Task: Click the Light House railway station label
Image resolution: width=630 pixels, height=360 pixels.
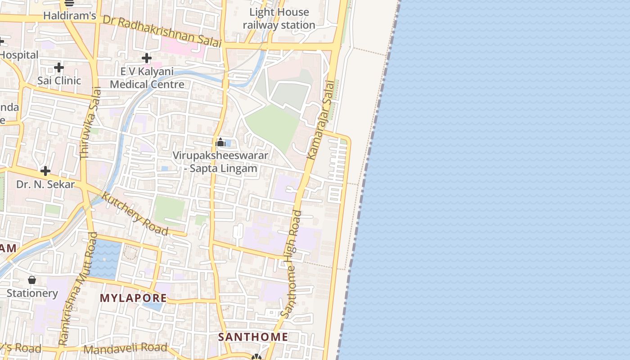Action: click(x=279, y=18)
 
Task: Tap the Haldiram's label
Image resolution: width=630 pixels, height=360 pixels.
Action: click(x=70, y=16)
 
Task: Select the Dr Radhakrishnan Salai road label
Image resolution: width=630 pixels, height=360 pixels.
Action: click(x=162, y=31)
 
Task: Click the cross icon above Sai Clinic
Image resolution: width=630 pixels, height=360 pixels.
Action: click(x=59, y=68)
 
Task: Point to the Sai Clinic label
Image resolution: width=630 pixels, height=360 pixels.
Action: click(x=59, y=81)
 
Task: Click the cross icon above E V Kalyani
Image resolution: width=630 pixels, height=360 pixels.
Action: click(x=147, y=58)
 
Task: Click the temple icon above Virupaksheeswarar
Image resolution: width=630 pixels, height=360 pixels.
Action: click(x=220, y=143)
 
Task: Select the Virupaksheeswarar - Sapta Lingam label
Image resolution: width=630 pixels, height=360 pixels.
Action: click(x=220, y=162)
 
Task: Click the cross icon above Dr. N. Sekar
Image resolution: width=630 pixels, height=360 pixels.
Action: click(x=45, y=171)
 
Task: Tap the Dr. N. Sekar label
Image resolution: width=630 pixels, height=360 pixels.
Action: click(x=45, y=184)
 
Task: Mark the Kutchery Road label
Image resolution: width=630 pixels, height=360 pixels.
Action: click(x=135, y=214)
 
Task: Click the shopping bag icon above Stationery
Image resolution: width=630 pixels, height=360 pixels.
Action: click(x=32, y=280)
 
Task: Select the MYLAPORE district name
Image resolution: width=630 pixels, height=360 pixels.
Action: click(x=133, y=298)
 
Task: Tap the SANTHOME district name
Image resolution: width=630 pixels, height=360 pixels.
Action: click(x=253, y=337)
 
